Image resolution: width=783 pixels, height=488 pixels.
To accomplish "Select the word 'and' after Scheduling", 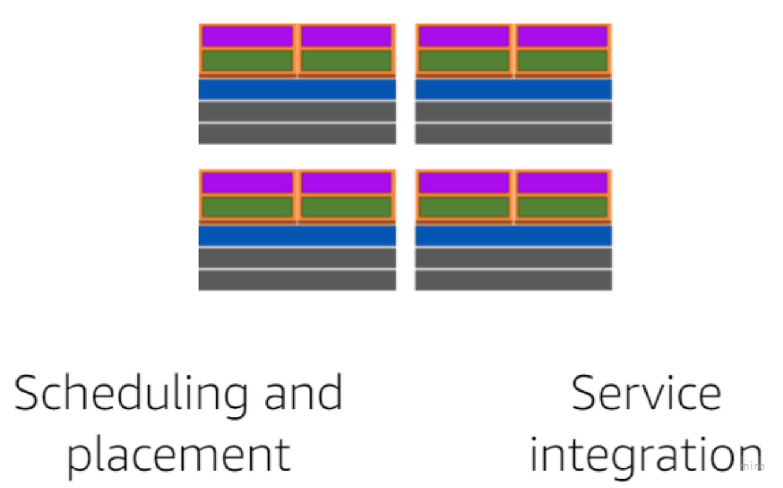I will (x=303, y=393).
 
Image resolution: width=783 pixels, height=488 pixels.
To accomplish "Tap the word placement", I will (x=179, y=454).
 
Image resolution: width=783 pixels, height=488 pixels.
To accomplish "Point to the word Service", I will (x=646, y=393).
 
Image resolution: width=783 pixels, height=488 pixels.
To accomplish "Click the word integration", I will (x=646, y=454).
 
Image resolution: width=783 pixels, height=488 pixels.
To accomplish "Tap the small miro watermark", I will (x=752, y=466).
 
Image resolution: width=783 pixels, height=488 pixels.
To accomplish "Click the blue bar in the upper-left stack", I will (x=297, y=89).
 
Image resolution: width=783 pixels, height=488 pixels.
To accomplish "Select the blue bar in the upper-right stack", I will (x=513, y=89).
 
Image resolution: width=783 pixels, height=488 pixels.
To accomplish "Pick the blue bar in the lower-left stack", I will (x=297, y=236).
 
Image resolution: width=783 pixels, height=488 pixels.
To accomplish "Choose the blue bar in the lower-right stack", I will (x=513, y=236).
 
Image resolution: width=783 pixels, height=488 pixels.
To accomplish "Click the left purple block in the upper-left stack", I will (x=247, y=37).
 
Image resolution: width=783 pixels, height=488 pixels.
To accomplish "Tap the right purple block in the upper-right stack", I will (x=562, y=37).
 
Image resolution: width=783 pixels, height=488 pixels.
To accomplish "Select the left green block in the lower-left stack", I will (x=247, y=207).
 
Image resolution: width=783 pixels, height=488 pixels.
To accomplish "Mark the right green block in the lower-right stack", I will (x=562, y=207).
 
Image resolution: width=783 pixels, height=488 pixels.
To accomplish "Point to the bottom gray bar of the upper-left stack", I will (x=297, y=134).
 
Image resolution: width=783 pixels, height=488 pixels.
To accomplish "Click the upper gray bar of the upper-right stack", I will (x=513, y=111).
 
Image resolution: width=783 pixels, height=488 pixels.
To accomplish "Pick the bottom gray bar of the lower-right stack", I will (x=513, y=280).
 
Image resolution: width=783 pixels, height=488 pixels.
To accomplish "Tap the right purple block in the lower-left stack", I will (x=346, y=183).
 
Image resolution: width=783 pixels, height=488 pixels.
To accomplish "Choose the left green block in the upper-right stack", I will (x=464, y=61).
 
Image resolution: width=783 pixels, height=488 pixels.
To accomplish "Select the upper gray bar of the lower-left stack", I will (x=297, y=258).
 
